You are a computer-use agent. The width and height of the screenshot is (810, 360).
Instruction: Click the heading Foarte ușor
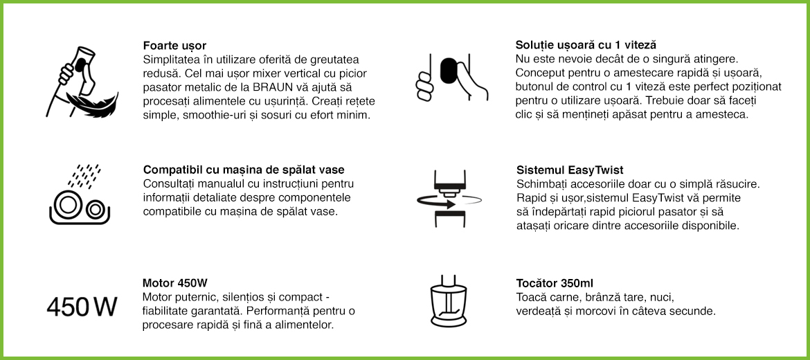[174, 46]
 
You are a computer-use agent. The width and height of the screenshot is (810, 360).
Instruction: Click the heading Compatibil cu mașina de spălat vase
[244, 170]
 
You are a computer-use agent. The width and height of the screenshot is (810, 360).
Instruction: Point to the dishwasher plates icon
[78, 206]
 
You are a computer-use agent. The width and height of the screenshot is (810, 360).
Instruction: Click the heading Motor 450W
[175, 283]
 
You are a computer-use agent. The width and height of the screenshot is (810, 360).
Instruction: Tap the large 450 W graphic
[81, 306]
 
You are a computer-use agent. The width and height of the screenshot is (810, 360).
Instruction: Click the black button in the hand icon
[449, 71]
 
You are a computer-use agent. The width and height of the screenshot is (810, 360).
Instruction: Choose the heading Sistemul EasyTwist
[570, 170]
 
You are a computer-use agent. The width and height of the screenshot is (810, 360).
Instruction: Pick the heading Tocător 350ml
[555, 283]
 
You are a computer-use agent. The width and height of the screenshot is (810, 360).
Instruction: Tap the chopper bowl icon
[449, 303]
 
